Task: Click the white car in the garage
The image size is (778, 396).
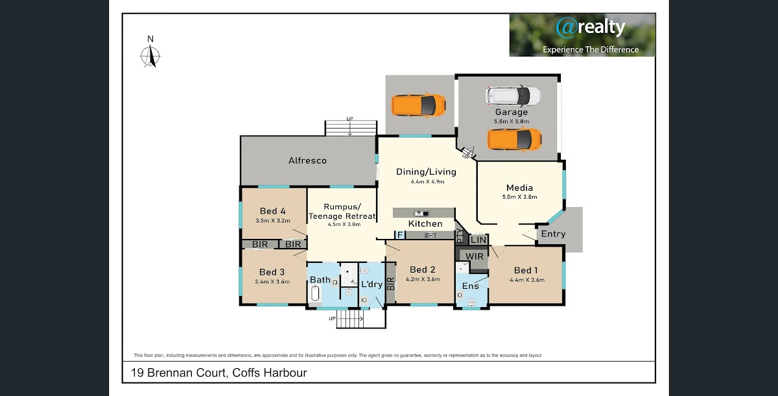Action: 513,96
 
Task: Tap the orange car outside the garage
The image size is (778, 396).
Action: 419,105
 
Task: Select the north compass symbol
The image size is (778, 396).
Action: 150,52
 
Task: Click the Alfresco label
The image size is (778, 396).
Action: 307,160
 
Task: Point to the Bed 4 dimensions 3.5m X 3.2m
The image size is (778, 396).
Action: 273,221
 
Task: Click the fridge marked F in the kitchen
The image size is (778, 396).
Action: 400,235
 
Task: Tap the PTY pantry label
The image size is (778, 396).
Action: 460,236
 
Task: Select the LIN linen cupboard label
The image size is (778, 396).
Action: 478,240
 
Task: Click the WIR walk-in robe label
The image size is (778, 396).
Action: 475,256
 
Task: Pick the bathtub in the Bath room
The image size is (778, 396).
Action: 315,294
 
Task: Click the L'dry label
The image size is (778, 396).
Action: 371,284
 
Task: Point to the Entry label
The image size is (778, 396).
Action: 553,234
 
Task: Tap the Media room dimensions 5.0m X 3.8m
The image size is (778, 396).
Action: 519,197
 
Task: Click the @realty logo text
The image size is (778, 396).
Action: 591,27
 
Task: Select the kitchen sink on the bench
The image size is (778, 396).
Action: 421,213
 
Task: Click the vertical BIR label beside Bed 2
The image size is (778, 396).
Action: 391,284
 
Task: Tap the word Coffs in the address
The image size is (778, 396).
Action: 246,373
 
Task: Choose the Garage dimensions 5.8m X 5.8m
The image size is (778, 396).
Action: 512,121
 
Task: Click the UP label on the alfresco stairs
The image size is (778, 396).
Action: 349,119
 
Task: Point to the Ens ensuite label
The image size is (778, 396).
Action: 470,286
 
